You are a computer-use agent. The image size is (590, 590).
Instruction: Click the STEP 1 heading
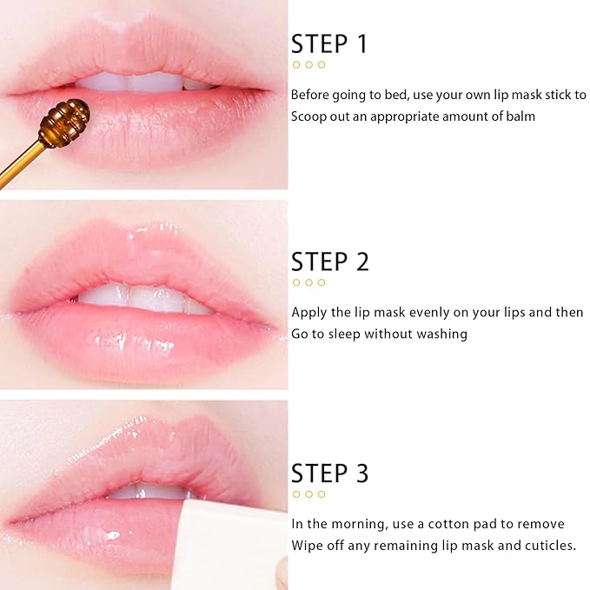click(329, 44)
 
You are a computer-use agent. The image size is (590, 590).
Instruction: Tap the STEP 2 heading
click(330, 262)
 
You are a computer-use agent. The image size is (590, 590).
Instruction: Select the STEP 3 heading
click(330, 474)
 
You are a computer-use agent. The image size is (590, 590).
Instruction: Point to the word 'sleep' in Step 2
click(354, 334)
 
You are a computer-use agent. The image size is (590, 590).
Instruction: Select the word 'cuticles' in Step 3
click(547, 546)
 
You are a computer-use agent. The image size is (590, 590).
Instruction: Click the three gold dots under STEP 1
click(308, 65)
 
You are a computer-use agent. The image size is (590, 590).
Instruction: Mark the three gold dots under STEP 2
click(308, 282)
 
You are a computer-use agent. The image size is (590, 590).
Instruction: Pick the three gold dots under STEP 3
click(308, 494)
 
